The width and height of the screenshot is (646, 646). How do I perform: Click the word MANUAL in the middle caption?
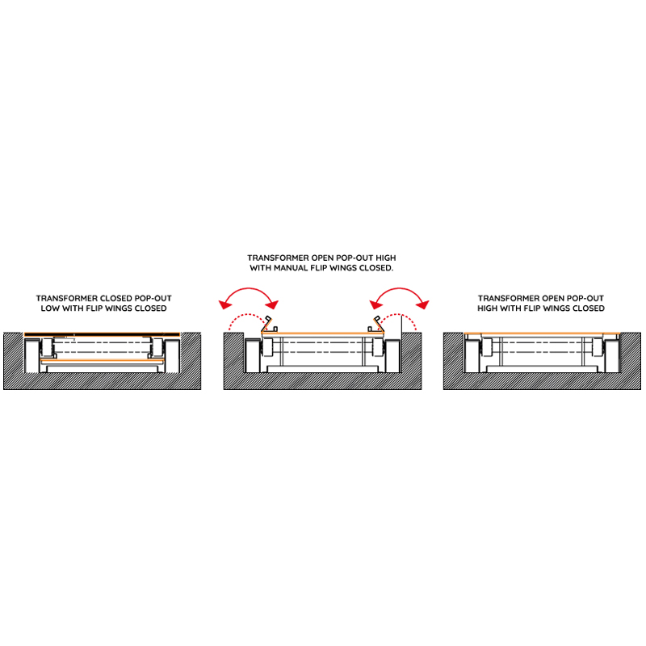(291, 268)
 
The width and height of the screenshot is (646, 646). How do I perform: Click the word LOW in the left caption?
(50, 308)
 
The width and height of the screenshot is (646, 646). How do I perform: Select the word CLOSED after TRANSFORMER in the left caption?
(116, 298)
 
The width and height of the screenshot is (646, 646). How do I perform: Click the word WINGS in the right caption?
(560, 308)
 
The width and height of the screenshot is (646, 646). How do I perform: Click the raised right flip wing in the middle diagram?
(378, 325)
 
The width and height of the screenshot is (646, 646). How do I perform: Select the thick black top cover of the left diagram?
(103, 334)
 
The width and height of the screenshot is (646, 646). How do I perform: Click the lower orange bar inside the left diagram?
(103, 361)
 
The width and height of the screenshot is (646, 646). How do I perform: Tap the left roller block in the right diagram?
(488, 347)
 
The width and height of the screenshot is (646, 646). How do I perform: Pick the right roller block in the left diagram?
(157, 347)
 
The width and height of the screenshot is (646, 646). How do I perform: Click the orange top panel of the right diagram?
(542, 333)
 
